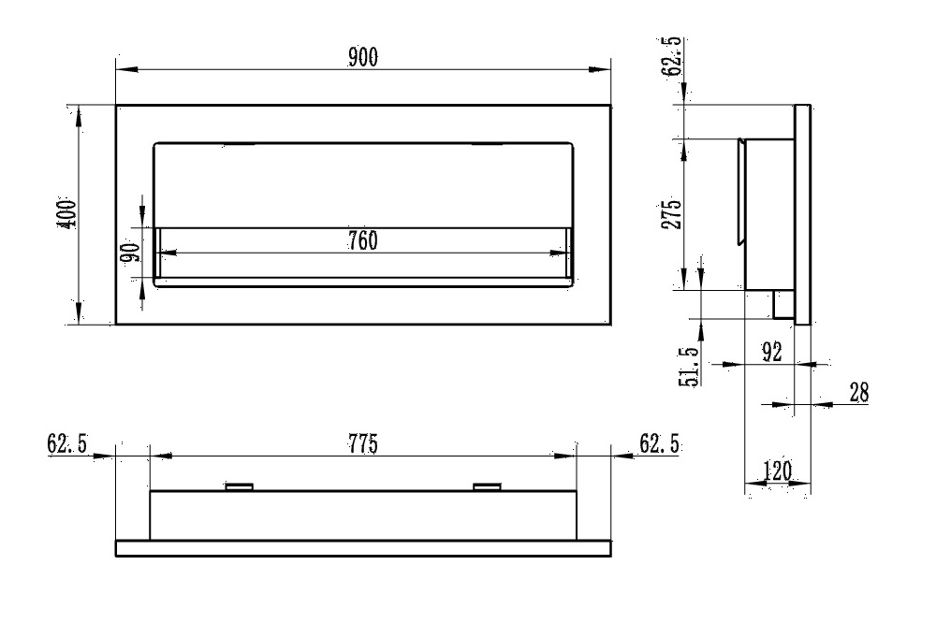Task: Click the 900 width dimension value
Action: pos(363,58)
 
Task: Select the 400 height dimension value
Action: pos(66,214)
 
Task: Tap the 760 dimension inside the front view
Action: pos(362,240)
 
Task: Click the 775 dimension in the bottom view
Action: pos(362,444)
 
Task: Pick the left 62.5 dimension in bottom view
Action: pos(67,443)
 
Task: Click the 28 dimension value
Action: pos(858,394)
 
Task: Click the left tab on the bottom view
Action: pos(240,486)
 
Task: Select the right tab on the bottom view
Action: pos(488,486)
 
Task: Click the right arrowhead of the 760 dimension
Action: pos(566,252)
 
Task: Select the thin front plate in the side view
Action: pos(802,214)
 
